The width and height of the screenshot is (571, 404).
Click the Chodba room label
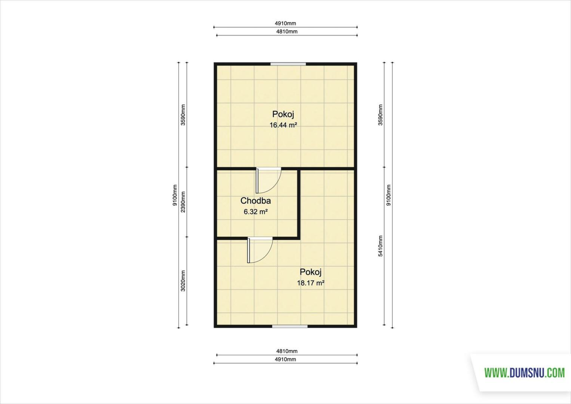(256, 201)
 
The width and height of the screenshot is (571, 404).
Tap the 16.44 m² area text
(284, 125)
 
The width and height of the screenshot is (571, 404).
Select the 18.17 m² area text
(311, 283)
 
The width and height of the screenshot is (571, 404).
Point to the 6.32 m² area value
(256, 212)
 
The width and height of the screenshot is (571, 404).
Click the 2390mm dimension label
(183, 202)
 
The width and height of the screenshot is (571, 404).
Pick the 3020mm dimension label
(183, 281)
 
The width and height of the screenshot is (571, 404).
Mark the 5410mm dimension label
(380, 246)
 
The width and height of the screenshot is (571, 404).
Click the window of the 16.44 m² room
(288, 64)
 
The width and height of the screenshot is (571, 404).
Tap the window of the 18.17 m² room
(290, 326)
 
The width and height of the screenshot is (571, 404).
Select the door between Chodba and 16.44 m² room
(268, 180)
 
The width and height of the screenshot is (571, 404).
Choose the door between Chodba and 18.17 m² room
(260, 250)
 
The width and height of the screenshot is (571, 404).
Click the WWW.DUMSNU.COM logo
(525, 373)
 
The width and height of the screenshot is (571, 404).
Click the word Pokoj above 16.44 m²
(283, 114)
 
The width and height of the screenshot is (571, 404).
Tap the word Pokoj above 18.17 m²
(311, 272)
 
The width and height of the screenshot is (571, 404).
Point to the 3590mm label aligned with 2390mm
(183, 115)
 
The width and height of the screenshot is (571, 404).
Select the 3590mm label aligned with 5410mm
(380, 115)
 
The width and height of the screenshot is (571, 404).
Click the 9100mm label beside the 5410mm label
(388, 195)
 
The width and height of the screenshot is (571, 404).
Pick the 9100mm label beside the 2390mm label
(175, 195)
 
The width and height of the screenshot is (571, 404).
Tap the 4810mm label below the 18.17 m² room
(287, 351)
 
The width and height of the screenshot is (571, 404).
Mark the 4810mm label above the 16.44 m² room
(287, 31)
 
